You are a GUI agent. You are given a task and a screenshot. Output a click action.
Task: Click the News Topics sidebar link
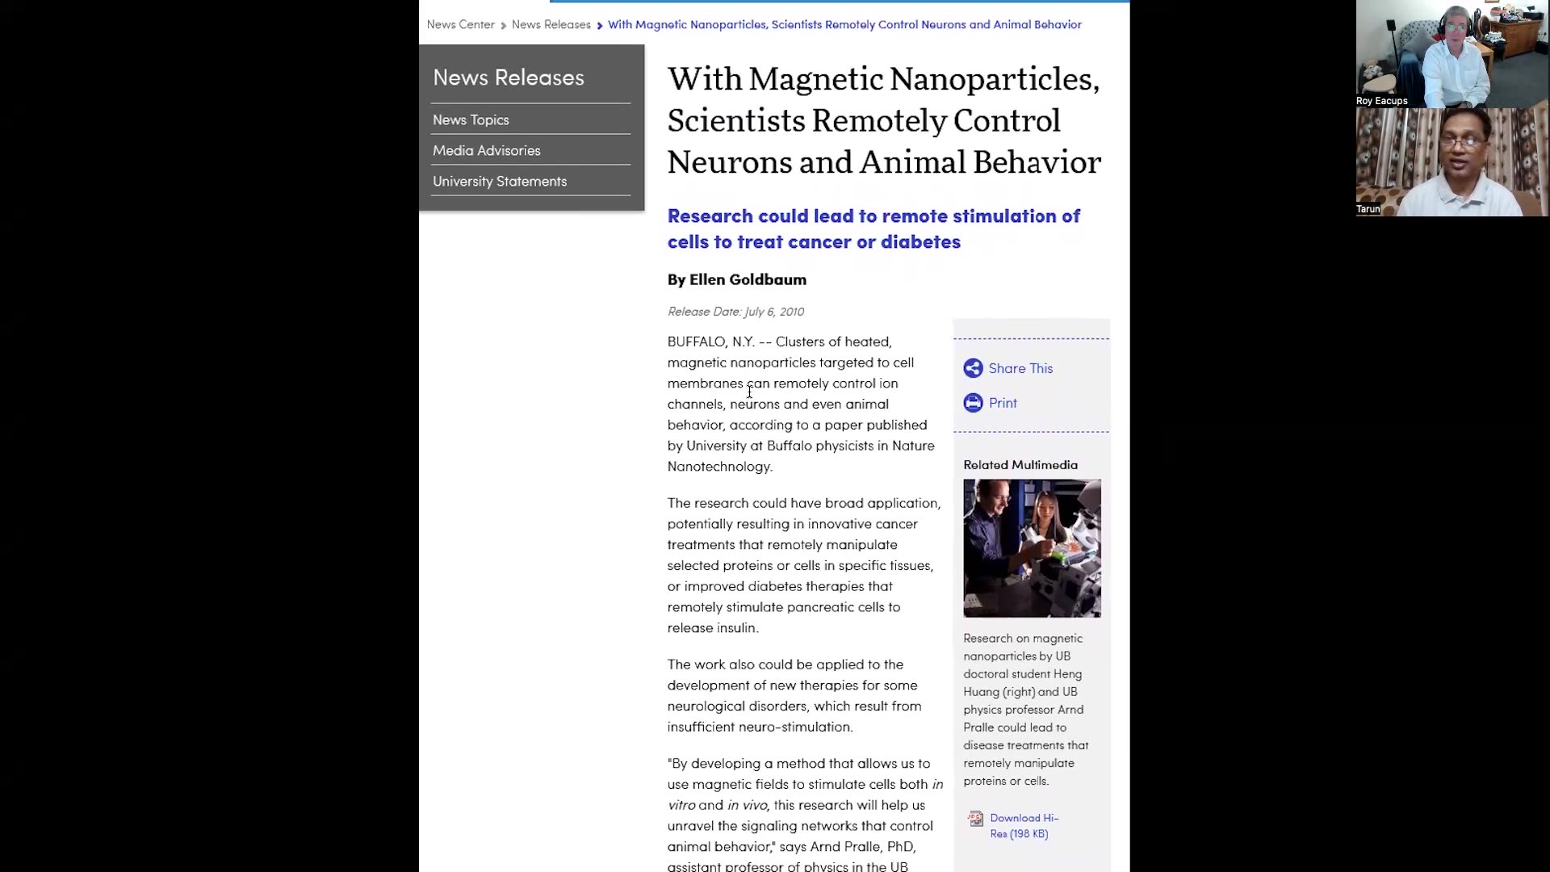click(x=471, y=119)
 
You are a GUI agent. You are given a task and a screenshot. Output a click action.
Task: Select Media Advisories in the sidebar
click(x=486, y=150)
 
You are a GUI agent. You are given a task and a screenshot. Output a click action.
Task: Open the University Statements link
click(x=499, y=181)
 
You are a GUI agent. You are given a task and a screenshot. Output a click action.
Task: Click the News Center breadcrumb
click(x=460, y=24)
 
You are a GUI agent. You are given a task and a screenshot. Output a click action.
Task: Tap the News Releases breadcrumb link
click(x=551, y=24)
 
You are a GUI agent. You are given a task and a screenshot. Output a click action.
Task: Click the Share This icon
click(x=973, y=368)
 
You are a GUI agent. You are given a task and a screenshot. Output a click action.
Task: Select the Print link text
click(x=1003, y=403)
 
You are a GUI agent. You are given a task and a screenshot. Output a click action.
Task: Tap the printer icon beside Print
click(x=973, y=403)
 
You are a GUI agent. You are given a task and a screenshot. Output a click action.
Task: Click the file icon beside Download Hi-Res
click(x=975, y=819)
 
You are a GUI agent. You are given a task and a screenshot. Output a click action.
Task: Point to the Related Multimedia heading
click(x=1020, y=464)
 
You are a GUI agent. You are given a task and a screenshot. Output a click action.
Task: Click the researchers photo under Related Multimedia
click(x=1032, y=548)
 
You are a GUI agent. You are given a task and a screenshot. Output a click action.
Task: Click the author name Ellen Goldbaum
click(x=748, y=279)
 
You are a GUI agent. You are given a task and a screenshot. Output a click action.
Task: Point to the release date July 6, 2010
click(x=773, y=312)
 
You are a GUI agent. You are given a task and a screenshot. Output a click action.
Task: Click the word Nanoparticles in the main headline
click(x=994, y=79)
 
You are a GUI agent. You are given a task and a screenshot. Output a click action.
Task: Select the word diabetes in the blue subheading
click(x=920, y=241)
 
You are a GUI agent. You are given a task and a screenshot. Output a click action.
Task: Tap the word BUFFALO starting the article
click(x=696, y=342)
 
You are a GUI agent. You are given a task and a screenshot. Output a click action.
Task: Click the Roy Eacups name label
click(x=1381, y=101)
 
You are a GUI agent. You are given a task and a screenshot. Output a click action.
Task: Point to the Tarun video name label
click(x=1368, y=209)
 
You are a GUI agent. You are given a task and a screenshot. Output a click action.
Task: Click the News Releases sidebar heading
click(x=508, y=78)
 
